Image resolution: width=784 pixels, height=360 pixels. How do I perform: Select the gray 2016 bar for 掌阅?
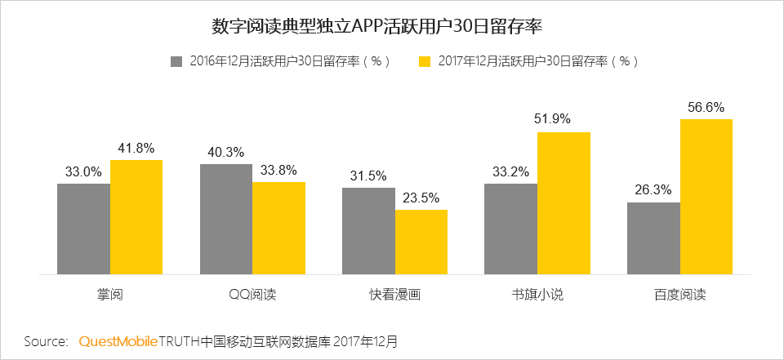click(x=83, y=229)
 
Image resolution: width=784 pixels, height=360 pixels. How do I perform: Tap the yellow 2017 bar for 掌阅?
click(x=136, y=216)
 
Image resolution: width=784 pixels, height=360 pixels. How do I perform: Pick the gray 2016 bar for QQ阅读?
click(x=226, y=219)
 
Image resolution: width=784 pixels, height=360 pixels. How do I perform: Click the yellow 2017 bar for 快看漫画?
click(x=421, y=242)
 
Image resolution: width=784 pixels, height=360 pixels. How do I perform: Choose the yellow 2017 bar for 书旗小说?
click(x=563, y=202)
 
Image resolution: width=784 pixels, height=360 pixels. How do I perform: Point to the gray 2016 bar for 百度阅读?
click(x=653, y=238)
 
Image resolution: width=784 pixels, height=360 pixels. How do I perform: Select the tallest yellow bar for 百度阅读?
click(x=706, y=196)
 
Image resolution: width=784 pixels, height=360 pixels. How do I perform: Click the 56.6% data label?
click(x=706, y=107)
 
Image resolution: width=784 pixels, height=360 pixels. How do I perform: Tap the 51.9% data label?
click(x=563, y=119)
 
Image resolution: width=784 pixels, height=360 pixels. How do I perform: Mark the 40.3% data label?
click(x=226, y=151)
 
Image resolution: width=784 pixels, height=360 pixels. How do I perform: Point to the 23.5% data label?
click(x=421, y=197)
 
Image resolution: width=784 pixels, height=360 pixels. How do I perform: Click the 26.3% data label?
click(x=653, y=189)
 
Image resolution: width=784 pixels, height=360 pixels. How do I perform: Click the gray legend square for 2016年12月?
click(x=176, y=61)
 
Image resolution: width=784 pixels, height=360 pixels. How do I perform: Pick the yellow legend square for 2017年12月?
click(x=424, y=61)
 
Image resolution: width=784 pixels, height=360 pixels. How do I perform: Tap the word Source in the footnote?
click(x=46, y=340)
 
